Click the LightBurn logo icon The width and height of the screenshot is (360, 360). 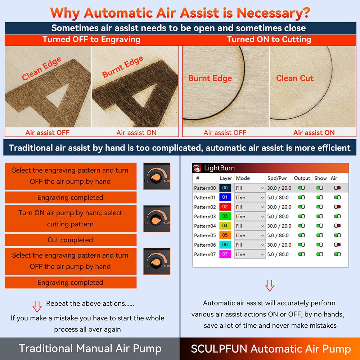click(197, 168)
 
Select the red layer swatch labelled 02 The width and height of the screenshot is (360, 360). click(225, 207)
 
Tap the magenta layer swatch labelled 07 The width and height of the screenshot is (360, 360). click(225, 254)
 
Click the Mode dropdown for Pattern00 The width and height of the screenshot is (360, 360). click(250, 188)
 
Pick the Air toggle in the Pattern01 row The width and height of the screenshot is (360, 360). click(337, 197)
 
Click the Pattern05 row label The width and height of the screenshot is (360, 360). click(205, 235)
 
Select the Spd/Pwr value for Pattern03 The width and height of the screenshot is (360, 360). click(278, 216)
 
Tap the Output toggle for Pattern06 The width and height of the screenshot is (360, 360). click(302, 245)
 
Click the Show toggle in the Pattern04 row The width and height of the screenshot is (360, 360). click(320, 226)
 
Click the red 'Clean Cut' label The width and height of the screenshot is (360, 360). click(295, 78)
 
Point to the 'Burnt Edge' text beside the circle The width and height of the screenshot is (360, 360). click(210, 78)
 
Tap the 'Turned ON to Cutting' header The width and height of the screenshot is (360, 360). click(269, 40)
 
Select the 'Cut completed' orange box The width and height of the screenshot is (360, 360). click(70, 240)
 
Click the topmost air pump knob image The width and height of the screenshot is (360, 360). click(157, 176)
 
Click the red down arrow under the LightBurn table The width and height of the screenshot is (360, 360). click(270, 286)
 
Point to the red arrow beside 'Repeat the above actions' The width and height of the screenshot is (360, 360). click(37, 306)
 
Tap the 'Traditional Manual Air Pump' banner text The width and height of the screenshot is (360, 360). click(90, 348)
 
